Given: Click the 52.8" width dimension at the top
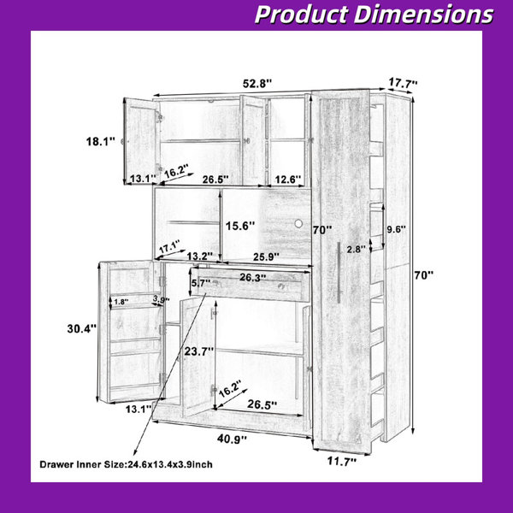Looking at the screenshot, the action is coord(257,84).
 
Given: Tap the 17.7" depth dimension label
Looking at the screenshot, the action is coord(403,83).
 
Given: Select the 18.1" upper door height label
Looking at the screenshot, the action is coord(101,142).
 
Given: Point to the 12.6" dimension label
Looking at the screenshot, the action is coord(287,180).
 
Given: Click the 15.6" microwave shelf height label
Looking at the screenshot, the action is coord(240,226).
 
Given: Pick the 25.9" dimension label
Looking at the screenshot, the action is coord(266,256).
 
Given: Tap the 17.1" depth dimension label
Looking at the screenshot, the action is coord(170,246).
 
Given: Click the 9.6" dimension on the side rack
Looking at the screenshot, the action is coord(396,229).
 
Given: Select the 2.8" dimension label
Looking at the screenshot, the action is coord(356,250).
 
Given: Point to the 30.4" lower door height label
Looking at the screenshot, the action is coord(82,328).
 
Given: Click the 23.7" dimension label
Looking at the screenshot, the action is coord(199,351).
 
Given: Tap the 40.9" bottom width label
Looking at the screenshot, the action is coord(232,439).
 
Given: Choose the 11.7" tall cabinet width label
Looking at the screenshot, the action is coord(342,462).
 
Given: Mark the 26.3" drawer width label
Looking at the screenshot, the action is coord(253,277).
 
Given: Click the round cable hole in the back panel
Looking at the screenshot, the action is coord(298,224).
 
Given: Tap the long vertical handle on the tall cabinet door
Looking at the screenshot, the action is coord(339,272).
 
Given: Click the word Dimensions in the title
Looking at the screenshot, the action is coord(423,15).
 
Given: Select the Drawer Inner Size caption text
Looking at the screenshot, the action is coord(126,464).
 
